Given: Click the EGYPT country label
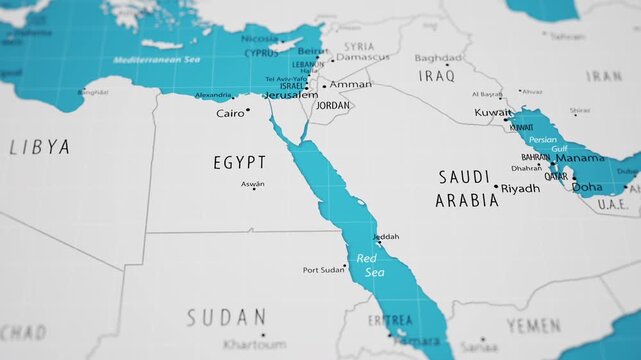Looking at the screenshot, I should (240, 162).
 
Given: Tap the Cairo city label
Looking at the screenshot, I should (230, 113).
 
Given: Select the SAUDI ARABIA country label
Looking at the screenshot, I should (466, 188).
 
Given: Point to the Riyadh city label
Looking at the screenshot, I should (520, 188).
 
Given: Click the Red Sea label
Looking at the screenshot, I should (370, 265).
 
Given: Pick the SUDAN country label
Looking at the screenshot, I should (226, 318).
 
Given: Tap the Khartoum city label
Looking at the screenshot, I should (255, 344).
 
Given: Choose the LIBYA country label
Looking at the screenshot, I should (40, 147).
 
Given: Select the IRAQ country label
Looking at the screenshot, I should (436, 75).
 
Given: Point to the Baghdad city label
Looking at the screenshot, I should (438, 58).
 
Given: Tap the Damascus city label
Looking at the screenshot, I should (362, 57).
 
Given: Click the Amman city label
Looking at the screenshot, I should (350, 85).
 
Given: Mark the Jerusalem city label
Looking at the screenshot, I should (290, 95).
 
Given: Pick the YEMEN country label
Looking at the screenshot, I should (533, 325).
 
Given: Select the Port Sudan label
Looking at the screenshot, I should (324, 270).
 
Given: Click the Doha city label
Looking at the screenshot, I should (587, 187).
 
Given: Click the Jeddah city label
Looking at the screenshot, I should (385, 237).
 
